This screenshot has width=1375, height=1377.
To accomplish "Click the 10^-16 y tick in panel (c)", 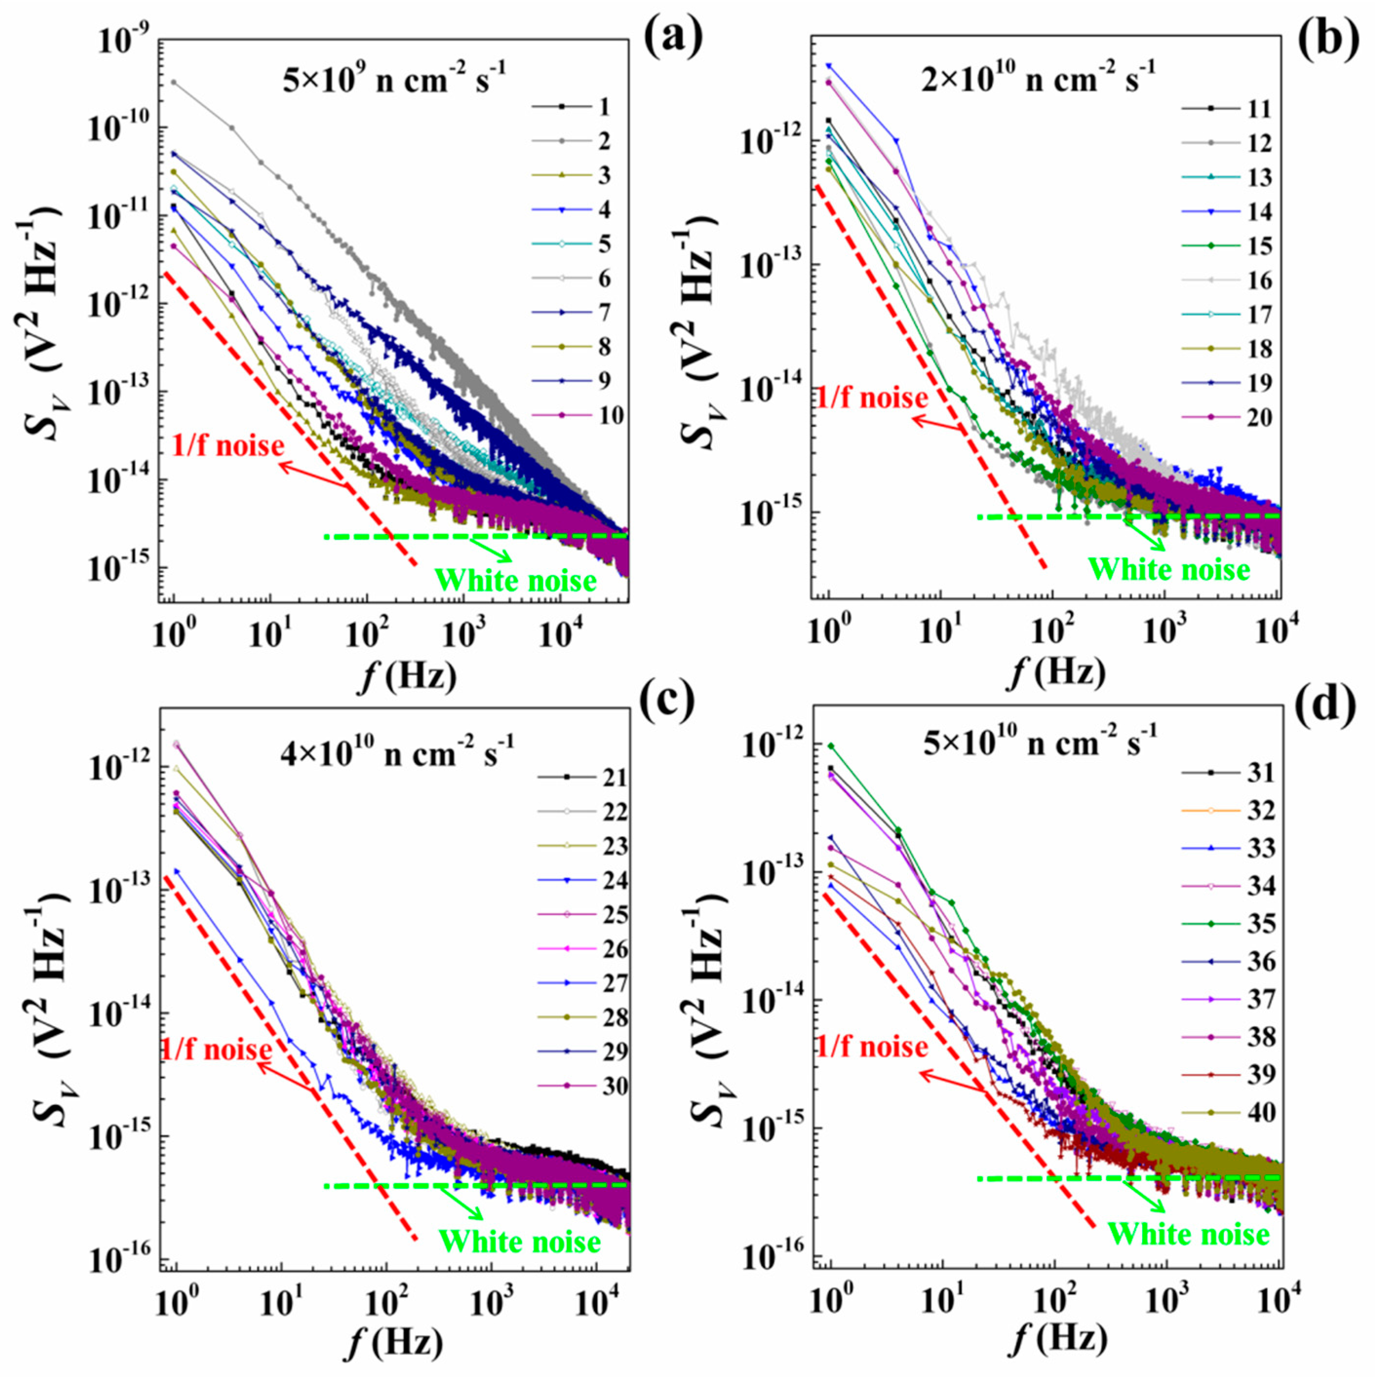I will [x=117, y=1260].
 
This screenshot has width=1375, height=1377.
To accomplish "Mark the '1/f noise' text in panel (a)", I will [x=228, y=447].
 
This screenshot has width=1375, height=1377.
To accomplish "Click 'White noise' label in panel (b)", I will [x=1169, y=570].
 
